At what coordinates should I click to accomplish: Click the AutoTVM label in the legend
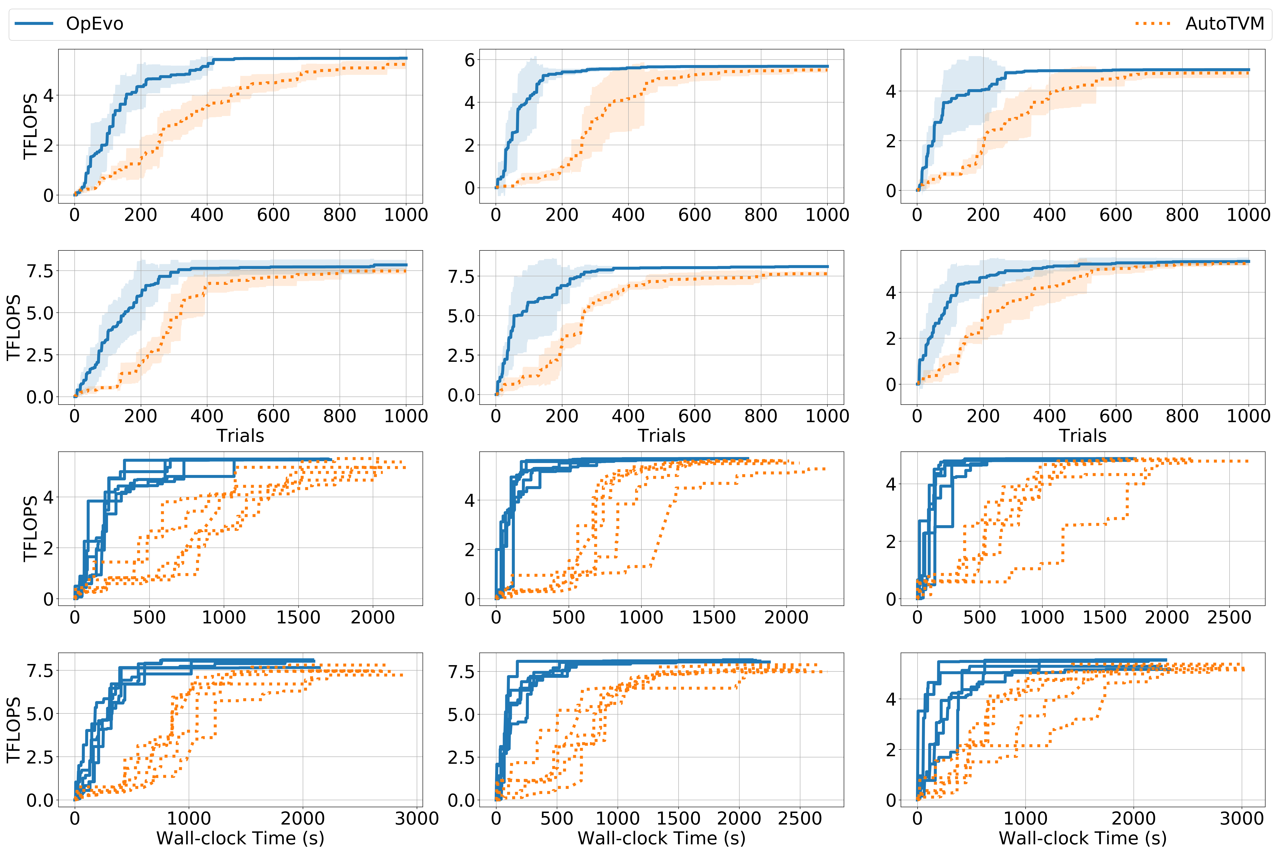click(1224, 24)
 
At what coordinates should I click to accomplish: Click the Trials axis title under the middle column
click(661, 436)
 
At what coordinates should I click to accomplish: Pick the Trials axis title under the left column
click(240, 436)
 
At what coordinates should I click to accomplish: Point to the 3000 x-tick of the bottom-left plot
click(417, 819)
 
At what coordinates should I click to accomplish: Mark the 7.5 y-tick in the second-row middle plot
click(461, 277)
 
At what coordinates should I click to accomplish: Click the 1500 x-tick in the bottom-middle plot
click(678, 819)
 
